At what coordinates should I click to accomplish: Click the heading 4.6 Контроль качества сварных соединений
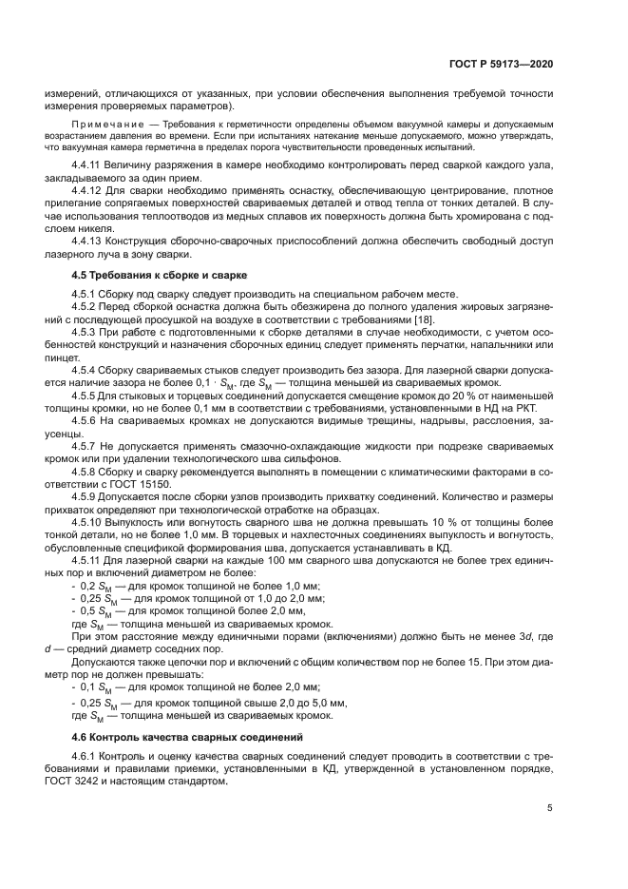point(181,737)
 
